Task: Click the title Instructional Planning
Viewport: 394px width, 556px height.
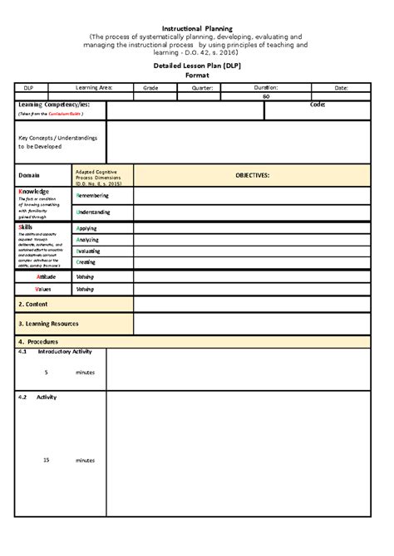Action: pyautogui.click(x=197, y=27)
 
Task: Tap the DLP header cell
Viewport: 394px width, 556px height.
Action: pyautogui.click(x=30, y=87)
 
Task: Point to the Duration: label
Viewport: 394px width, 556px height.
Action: pyautogui.click(x=266, y=87)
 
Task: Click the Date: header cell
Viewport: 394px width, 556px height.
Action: pyautogui.click(x=342, y=87)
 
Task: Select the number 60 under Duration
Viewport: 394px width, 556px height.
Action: pyautogui.click(x=266, y=96)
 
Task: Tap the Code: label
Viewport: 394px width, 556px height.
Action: pyautogui.click(x=318, y=105)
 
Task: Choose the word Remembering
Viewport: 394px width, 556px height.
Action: pyautogui.click(x=93, y=196)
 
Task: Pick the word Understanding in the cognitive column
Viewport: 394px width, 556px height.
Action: pyautogui.click(x=95, y=212)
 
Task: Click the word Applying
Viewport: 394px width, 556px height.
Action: pyautogui.click(x=87, y=227)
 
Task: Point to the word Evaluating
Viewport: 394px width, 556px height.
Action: pyautogui.click(x=91, y=251)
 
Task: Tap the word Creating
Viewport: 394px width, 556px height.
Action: pyautogui.click(x=87, y=262)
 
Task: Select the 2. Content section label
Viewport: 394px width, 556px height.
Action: pyautogui.click(x=37, y=305)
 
